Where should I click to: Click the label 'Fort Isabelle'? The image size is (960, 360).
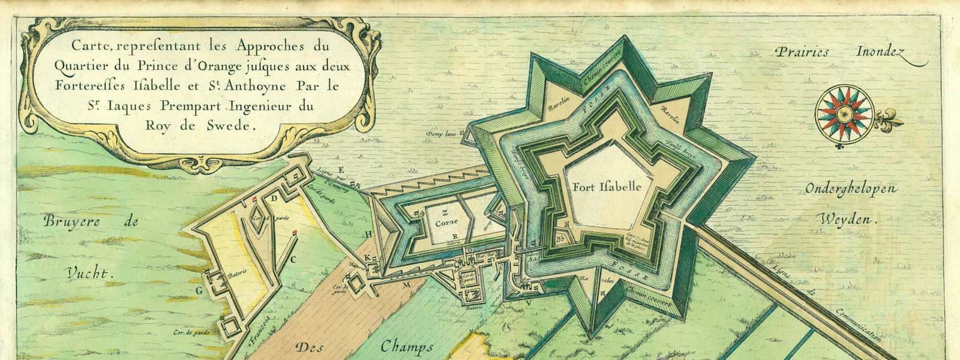click(607, 187)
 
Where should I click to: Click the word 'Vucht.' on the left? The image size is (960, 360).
click(88, 274)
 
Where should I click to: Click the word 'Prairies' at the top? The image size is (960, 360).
click(802, 52)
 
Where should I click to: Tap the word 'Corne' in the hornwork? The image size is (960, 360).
click(447, 222)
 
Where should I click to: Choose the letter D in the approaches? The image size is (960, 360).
click(274, 197)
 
